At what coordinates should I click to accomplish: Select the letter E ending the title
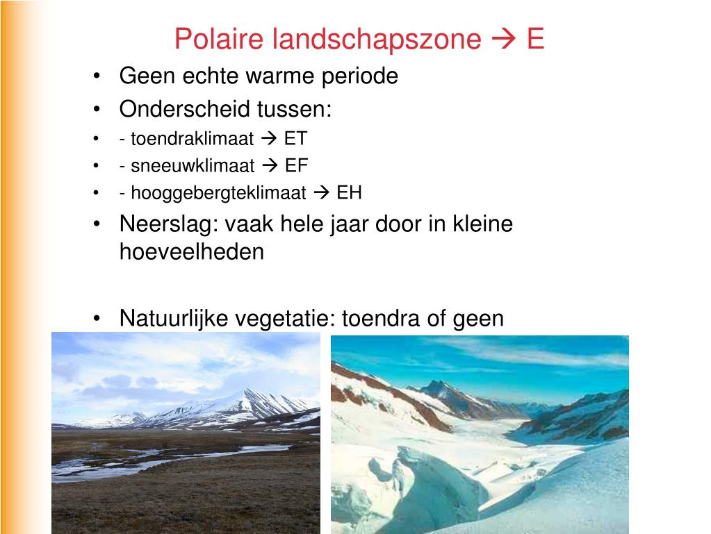click(534, 39)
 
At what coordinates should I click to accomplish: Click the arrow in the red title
click(503, 40)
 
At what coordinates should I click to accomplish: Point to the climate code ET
click(295, 138)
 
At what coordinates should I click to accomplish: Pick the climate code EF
click(296, 165)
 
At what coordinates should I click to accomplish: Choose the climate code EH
click(349, 192)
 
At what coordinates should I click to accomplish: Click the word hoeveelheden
click(192, 251)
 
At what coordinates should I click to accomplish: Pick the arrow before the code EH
click(322, 192)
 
